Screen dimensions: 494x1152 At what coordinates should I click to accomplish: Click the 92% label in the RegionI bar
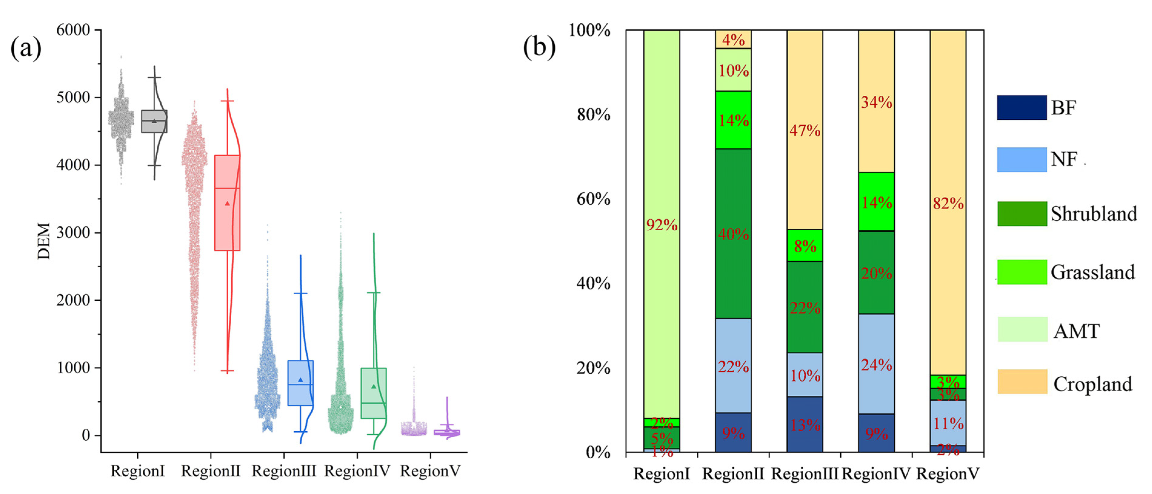tap(661, 225)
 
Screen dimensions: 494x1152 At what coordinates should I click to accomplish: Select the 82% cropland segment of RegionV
tap(948, 203)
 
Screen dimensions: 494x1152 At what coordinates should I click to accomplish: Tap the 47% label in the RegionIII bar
tap(805, 131)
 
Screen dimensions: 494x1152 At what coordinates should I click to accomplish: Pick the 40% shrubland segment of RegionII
tap(733, 234)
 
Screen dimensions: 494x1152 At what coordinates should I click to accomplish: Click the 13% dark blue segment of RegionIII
tap(805, 424)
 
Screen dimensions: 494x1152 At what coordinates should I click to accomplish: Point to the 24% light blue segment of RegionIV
tap(876, 364)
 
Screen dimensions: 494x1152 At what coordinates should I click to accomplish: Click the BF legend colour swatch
tap(1021, 108)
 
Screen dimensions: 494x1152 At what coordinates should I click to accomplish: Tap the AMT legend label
tap(1076, 331)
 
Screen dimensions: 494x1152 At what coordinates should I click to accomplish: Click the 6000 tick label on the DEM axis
tap(73, 30)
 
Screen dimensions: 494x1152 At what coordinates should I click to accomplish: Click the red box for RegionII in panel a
tap(227, 203)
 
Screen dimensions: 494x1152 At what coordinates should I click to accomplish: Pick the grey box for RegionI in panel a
tap(154, 121)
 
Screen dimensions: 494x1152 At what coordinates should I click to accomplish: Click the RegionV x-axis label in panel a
tap(430, 471)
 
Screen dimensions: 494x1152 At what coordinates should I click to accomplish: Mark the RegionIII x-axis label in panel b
tap(805, 473)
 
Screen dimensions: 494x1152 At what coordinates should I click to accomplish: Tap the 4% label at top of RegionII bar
tap(733, 40)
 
